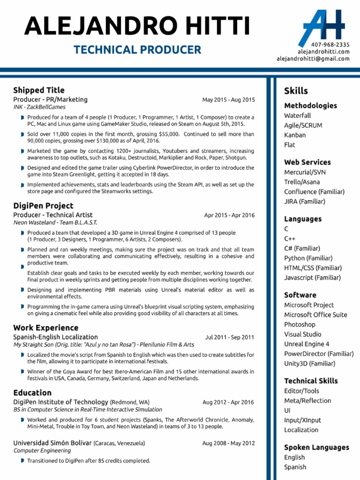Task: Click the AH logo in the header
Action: [320, 25]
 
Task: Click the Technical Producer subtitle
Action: [137, 50]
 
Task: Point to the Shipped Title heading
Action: [39, 90]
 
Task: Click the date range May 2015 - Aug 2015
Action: [228, 100]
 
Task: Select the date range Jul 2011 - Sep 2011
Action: [230, 337]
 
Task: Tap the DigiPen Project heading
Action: [43, 205]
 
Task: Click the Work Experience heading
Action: [45, 328]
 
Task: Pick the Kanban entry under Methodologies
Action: [295, 135]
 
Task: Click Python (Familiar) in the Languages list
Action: [308, 258]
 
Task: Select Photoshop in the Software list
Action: [300, 324]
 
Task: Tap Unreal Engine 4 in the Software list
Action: [307, 344]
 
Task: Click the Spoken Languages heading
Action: [316, 447]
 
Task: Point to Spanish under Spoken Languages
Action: [295, 467]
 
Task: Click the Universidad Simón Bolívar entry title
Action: [52, 443]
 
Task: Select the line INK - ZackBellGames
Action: [39, 107]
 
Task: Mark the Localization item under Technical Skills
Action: [301, 430]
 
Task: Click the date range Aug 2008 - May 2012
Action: [228, 443]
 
